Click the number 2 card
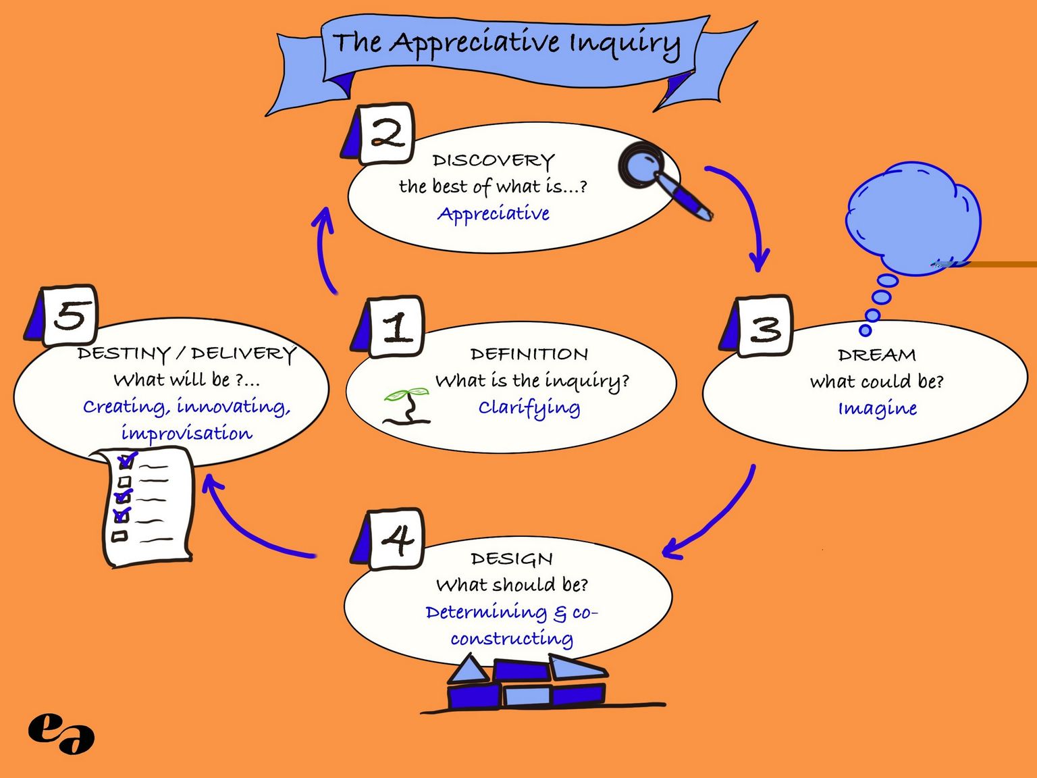point(385,134)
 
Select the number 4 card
point(396,539)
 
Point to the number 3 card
point(764,327)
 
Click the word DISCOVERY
point(494,161)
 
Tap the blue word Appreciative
point(494,214)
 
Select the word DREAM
point(876,355)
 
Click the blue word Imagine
point(877,408)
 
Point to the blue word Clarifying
point(529,408)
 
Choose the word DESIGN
point(512,559)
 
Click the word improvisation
point(186,433)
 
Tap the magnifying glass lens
point(639,164)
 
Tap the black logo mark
point(61,733)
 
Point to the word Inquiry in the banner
point(624,44)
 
